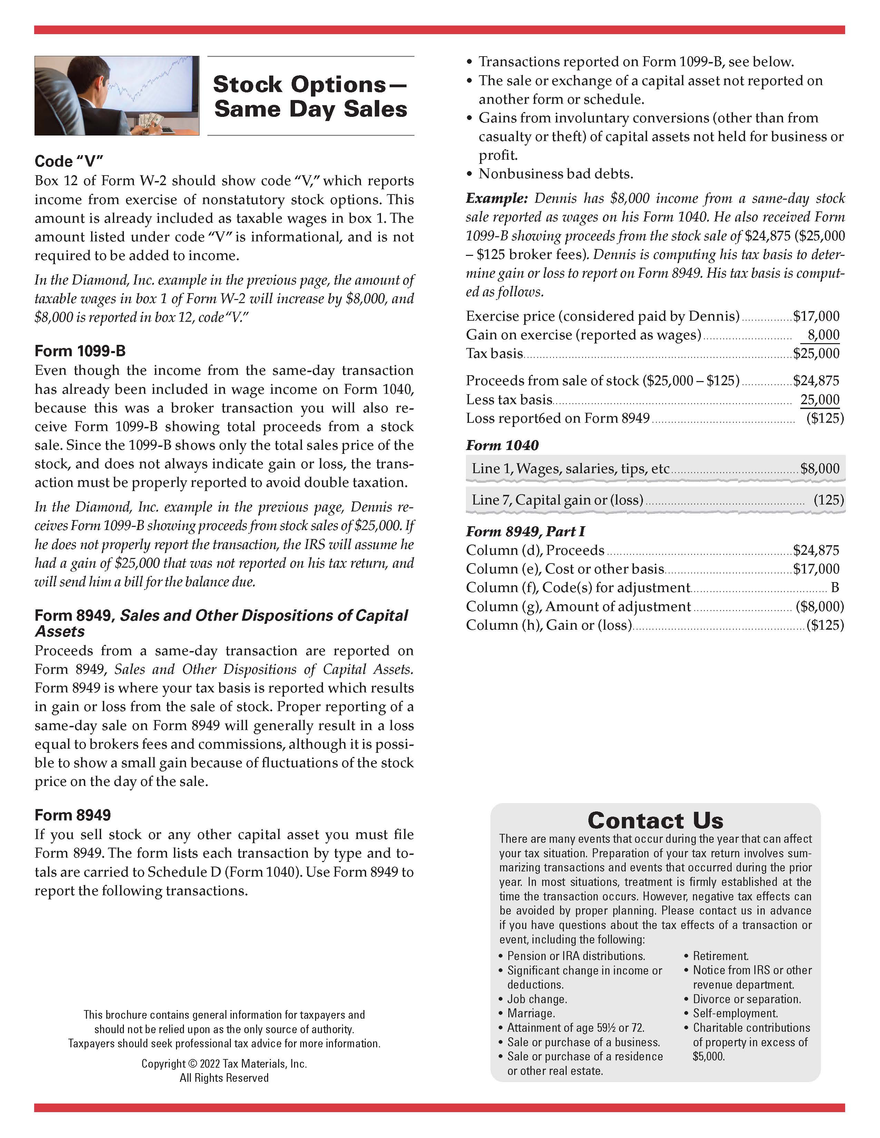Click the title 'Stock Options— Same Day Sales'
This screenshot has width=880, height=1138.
point(310,97)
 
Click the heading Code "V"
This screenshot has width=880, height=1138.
point(69,161)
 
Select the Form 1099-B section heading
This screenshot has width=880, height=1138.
point(80,351)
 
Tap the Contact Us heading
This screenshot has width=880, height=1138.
point(655,820)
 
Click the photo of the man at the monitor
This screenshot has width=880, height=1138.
point(117,96)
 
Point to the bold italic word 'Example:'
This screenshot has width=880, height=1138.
point(497,199)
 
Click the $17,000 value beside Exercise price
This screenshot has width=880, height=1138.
point(816,316)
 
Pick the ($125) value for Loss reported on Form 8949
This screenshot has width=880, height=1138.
point(825,418)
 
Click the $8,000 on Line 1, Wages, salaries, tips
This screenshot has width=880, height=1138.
point(820,468)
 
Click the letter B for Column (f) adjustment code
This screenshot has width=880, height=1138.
point(835,587)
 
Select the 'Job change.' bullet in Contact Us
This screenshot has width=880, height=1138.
point(537,999)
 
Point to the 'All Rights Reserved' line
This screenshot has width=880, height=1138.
point(224,1078)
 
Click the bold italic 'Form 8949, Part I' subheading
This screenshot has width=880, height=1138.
point(525,531)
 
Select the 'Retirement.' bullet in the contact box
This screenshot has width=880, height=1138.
point(721,956)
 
